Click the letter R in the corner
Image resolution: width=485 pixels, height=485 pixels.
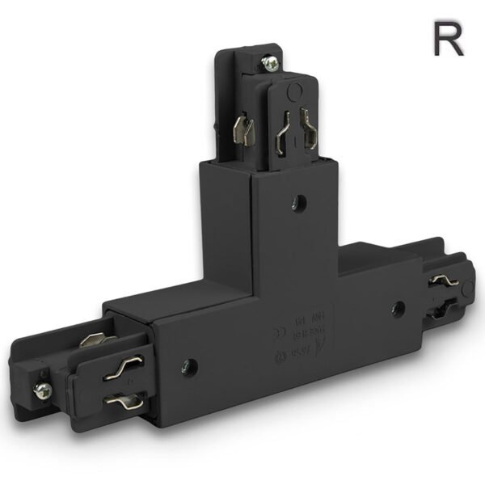point(447,38)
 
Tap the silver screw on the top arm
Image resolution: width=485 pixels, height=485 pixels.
point(271,62)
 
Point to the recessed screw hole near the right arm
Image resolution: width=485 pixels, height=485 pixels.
point(398,307)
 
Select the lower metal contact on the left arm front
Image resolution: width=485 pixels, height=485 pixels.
point(124,399)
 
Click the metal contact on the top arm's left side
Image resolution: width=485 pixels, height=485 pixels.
point(242,129)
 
